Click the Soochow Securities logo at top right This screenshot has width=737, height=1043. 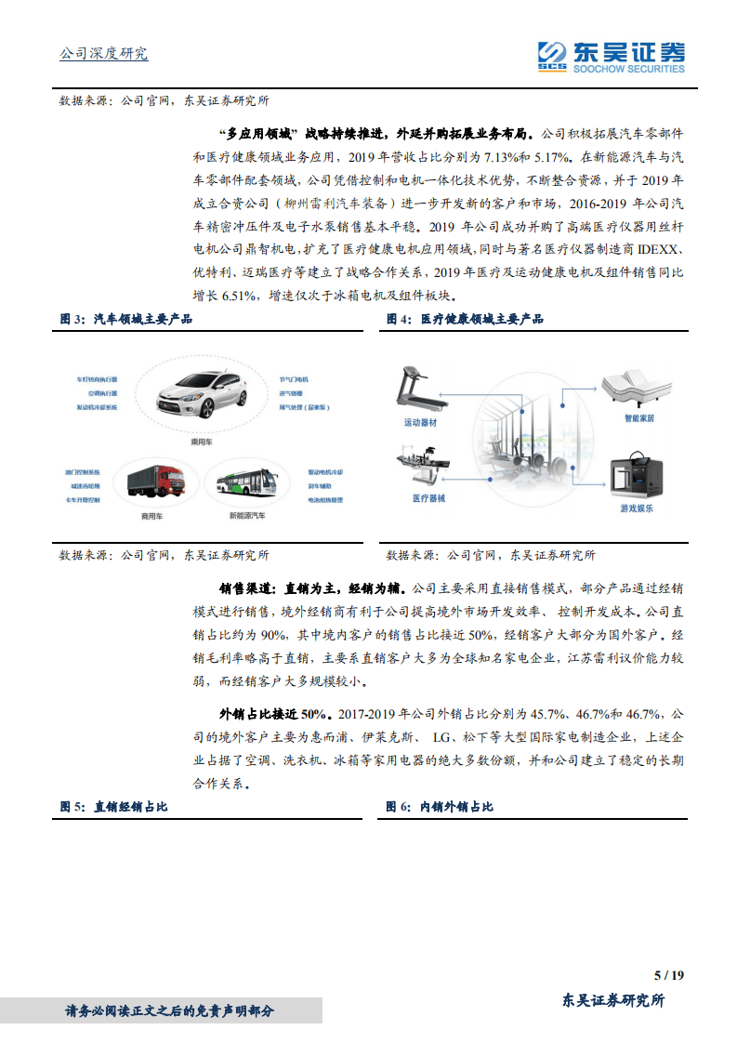pyautogui.click(x=611, y=56)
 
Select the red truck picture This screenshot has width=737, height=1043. pyautogui.click(x=154, y=479)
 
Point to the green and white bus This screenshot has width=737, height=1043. pyautogui.click(x=247, y=484)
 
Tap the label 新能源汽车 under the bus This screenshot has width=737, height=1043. pyautogui.click(x=247, y=514)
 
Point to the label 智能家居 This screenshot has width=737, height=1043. pyautogui.click(x=639, y=419)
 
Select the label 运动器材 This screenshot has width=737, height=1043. pyautogui.click(x=420, y=423)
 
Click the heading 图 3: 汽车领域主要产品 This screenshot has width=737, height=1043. pyautogui.click(x=126, y=319)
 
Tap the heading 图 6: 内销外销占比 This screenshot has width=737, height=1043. pyautogui.click(x=441, y=807)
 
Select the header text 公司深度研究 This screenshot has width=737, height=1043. pyautogui.click(x=103, y=54)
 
